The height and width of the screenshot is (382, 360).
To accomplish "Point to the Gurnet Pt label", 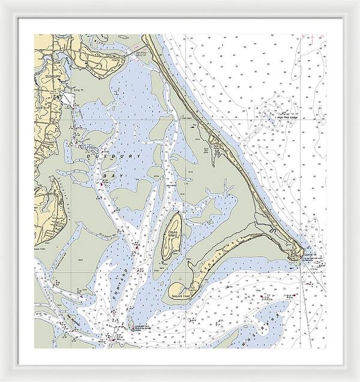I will pyautogui.click(x=310, y=255).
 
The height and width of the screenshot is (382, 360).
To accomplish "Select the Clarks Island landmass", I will pyautogui.click(x=170, y=240).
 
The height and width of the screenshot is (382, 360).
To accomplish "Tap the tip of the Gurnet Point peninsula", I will pyautogui.click(x=298, y=255).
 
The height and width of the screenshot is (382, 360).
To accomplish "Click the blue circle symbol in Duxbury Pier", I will pyautogui.click(x=133, y=329).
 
